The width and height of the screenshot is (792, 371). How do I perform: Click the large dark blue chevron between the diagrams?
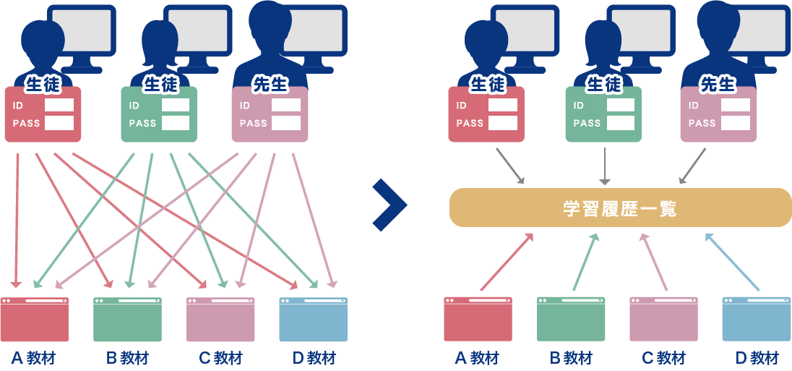click(391, 205)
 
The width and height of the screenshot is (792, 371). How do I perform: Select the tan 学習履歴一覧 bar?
click(620, 208)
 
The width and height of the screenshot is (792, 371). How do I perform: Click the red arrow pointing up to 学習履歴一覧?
click(507, 262)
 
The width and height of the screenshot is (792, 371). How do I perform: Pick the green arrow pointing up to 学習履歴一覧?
click(585, 262)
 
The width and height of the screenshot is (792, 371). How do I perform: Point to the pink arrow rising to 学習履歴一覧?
click(654, 262)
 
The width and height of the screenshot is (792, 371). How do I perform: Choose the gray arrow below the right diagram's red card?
click(510, 166)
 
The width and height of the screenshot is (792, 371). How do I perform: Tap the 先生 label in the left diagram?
click(270, 85)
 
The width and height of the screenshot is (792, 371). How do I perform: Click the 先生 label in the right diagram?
click(717, 85)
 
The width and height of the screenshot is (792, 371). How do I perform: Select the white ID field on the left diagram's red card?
click(59, 106)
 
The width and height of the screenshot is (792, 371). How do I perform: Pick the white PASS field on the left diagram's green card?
click(176, 123)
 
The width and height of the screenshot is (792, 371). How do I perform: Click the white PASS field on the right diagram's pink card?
click(736, 123)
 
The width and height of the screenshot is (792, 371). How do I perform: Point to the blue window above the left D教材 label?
click(313, 319)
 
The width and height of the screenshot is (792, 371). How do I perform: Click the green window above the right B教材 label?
click(571, 319)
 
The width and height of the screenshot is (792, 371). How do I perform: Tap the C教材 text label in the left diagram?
click(221, 358)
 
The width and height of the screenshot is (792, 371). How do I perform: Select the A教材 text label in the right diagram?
click(478, 358)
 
